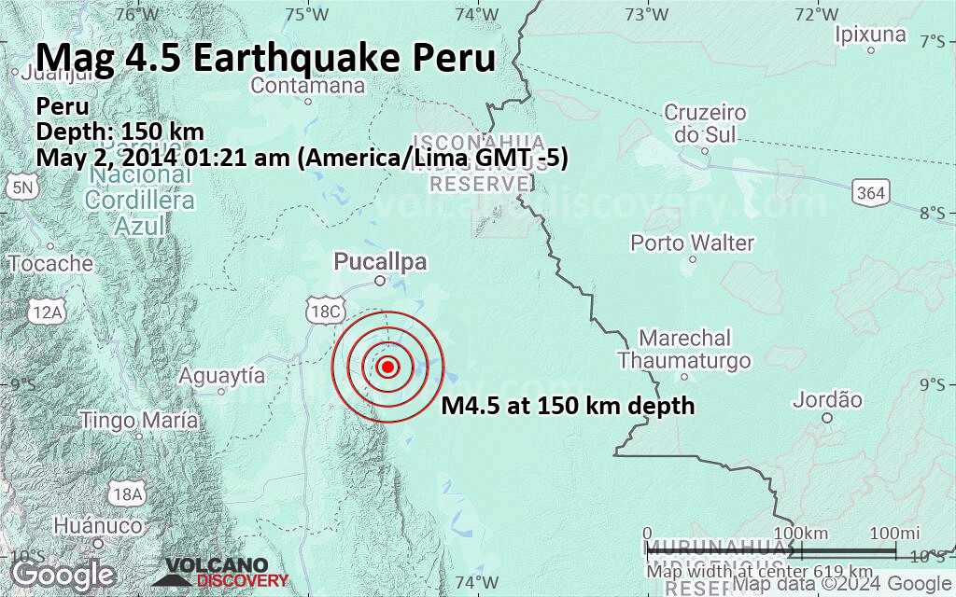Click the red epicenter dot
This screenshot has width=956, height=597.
(x=389, y=367)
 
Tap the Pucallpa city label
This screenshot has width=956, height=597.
(x=380, y=262)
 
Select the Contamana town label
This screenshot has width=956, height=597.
(x=307, y=86)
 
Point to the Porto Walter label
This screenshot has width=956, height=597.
(x=692, y=243)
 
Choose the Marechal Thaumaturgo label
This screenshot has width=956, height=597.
(x=684, y=349)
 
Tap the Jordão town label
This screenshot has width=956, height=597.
(x=827, y=400)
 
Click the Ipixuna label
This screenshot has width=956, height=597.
(x=871, y=35)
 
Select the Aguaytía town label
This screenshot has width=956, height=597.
(x=221, y=376)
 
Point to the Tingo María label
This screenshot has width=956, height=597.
(x=140, y=421)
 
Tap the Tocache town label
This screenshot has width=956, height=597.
(x=50, y=264)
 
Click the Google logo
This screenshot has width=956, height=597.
(x=63, y=574)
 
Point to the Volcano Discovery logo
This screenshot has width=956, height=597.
(x=215, y=573)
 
